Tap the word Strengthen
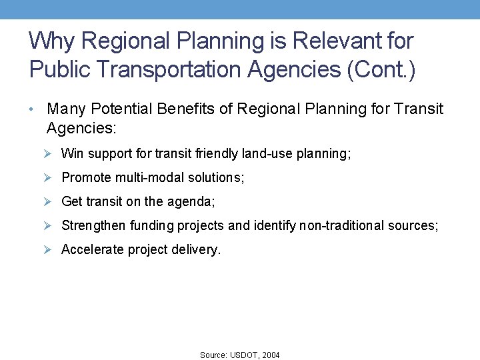tap(93, 226)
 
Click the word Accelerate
tap(93, 250)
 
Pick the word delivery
tap(199, 250)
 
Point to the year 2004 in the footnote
tap(271, 355)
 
